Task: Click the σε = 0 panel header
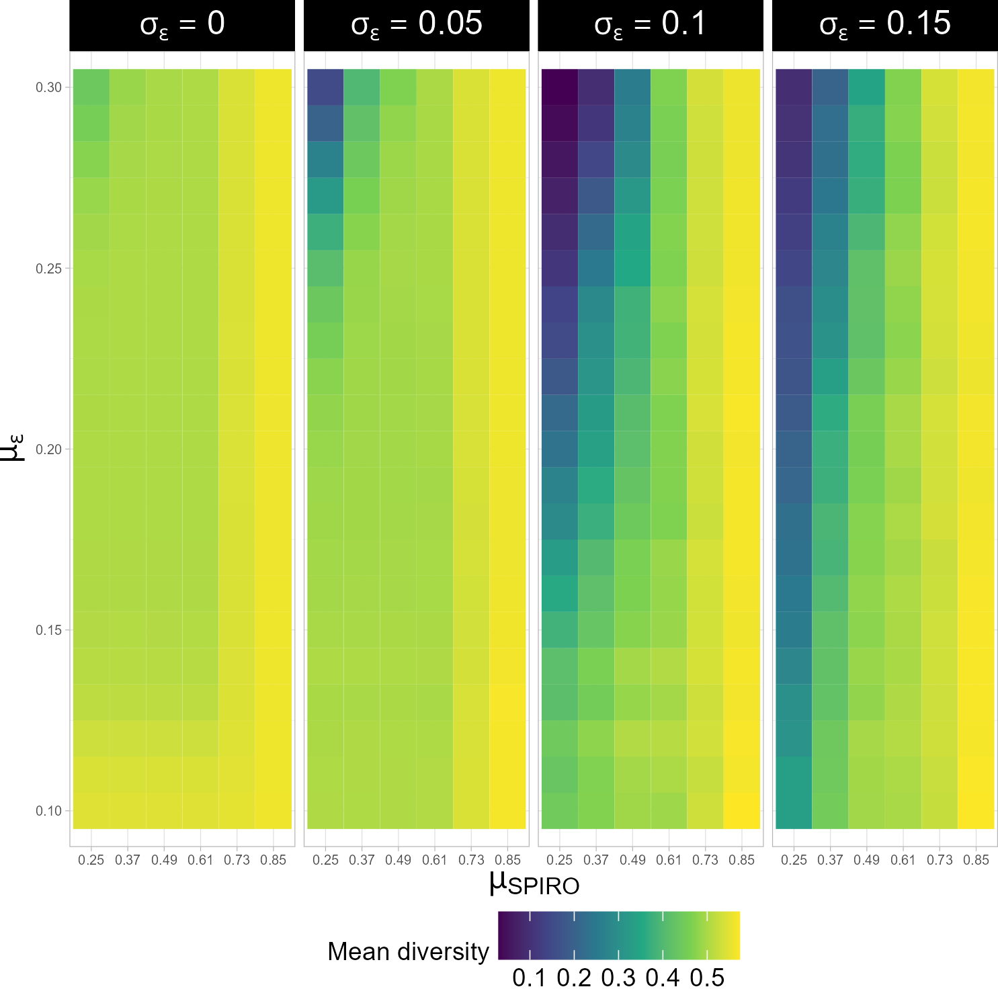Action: point(182,25)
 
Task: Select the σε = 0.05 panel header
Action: point(416,25)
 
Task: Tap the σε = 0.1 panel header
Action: point(650,25)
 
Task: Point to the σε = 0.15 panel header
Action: point(884,25)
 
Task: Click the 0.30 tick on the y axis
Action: point(48,88)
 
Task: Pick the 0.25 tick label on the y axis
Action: point(48,269)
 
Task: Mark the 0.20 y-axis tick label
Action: point(48,449)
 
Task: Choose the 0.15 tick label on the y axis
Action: point(48,630)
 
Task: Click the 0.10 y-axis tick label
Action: point(48,811)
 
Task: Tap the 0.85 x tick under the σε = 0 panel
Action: point(274,860)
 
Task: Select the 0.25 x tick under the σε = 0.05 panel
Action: point(325,860)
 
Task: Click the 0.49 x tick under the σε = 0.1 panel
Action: point(632,860)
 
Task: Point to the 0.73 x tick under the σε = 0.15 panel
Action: point(940,860)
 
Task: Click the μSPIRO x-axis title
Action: point(534,884)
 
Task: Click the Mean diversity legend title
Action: point(408,951)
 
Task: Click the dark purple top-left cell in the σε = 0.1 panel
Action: point(559,87)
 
